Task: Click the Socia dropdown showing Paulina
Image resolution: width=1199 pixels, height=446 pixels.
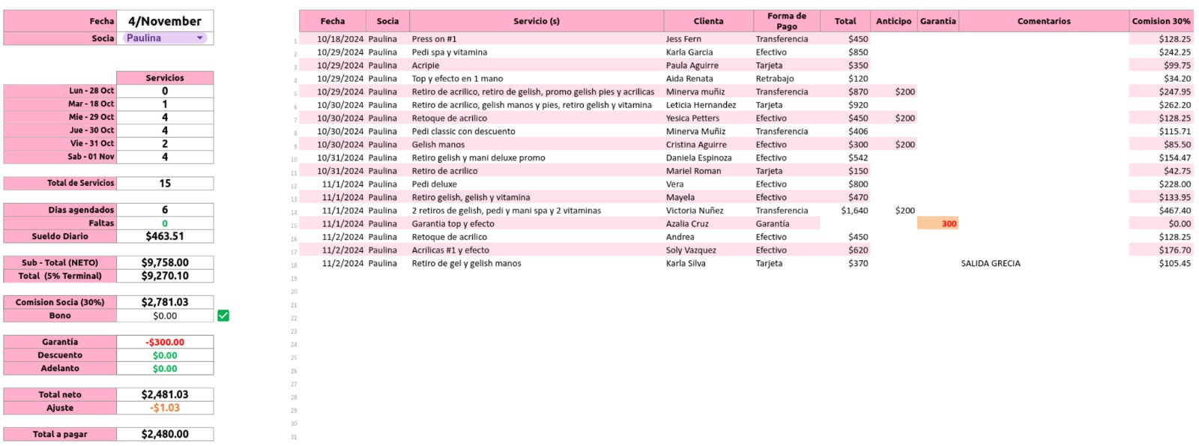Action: pos(165,38)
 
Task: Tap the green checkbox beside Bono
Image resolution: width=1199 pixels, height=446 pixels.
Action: pos(223,316)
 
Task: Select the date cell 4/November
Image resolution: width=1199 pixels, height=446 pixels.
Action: pos(165,21)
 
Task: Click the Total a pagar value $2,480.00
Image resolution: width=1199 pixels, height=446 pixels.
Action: pos(165,434)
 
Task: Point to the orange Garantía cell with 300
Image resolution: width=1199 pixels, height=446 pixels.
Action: pos(938,223)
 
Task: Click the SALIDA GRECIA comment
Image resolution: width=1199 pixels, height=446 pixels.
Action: pos(990,263)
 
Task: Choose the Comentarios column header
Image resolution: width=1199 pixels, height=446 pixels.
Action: pos(1043,21)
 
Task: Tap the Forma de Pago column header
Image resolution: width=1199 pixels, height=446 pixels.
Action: pos(786,21)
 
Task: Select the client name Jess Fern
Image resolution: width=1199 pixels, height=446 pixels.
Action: pos(683,39)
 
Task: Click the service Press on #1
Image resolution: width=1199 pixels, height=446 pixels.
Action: pos(434,39)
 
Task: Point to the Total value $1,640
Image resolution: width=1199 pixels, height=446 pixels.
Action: pos(854,211)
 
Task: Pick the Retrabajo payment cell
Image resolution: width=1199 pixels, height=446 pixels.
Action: pos(774,79)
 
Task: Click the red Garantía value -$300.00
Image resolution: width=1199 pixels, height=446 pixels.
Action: pos(165,342)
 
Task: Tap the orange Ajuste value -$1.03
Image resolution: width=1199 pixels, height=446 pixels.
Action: pos(165,408)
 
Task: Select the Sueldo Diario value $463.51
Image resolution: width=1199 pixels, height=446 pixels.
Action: pos(165,236)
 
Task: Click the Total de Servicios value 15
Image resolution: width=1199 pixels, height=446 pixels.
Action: pos(165,183)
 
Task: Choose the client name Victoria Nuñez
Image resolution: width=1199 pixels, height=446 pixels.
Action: pos(695,211)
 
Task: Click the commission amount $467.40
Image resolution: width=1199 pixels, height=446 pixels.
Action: pos(1174,211)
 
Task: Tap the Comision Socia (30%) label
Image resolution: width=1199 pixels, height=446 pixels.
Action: pos(60,302)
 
